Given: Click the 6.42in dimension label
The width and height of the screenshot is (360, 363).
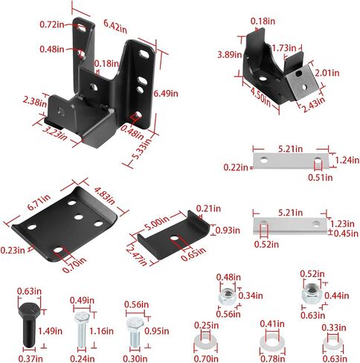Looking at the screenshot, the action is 115,26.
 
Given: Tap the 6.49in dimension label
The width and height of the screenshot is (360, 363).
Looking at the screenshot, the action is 166,94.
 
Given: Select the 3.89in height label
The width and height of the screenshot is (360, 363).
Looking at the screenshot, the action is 230,54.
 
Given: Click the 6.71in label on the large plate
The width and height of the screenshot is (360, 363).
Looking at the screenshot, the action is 39,202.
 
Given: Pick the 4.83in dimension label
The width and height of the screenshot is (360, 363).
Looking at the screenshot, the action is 105,196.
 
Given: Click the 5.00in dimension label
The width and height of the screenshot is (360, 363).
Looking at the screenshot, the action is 157,223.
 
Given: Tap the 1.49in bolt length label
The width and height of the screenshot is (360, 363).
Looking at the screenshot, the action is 50,331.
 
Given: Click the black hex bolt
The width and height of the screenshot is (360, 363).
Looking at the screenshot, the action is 29,324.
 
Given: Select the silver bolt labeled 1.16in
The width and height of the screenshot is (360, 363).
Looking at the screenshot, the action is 82,330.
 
